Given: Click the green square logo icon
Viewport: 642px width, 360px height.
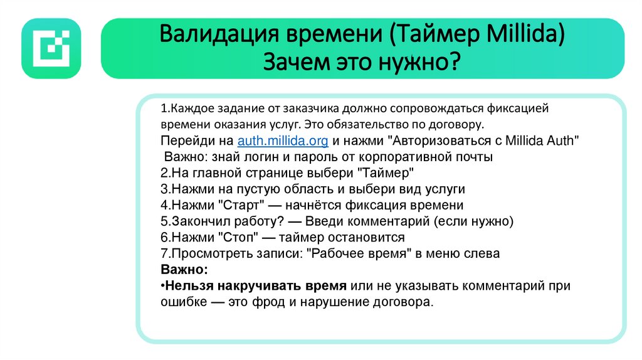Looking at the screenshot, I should coord(51,48).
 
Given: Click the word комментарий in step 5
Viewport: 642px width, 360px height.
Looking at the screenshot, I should coord(386,221).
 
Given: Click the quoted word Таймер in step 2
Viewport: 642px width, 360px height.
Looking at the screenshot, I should coord(387,172).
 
